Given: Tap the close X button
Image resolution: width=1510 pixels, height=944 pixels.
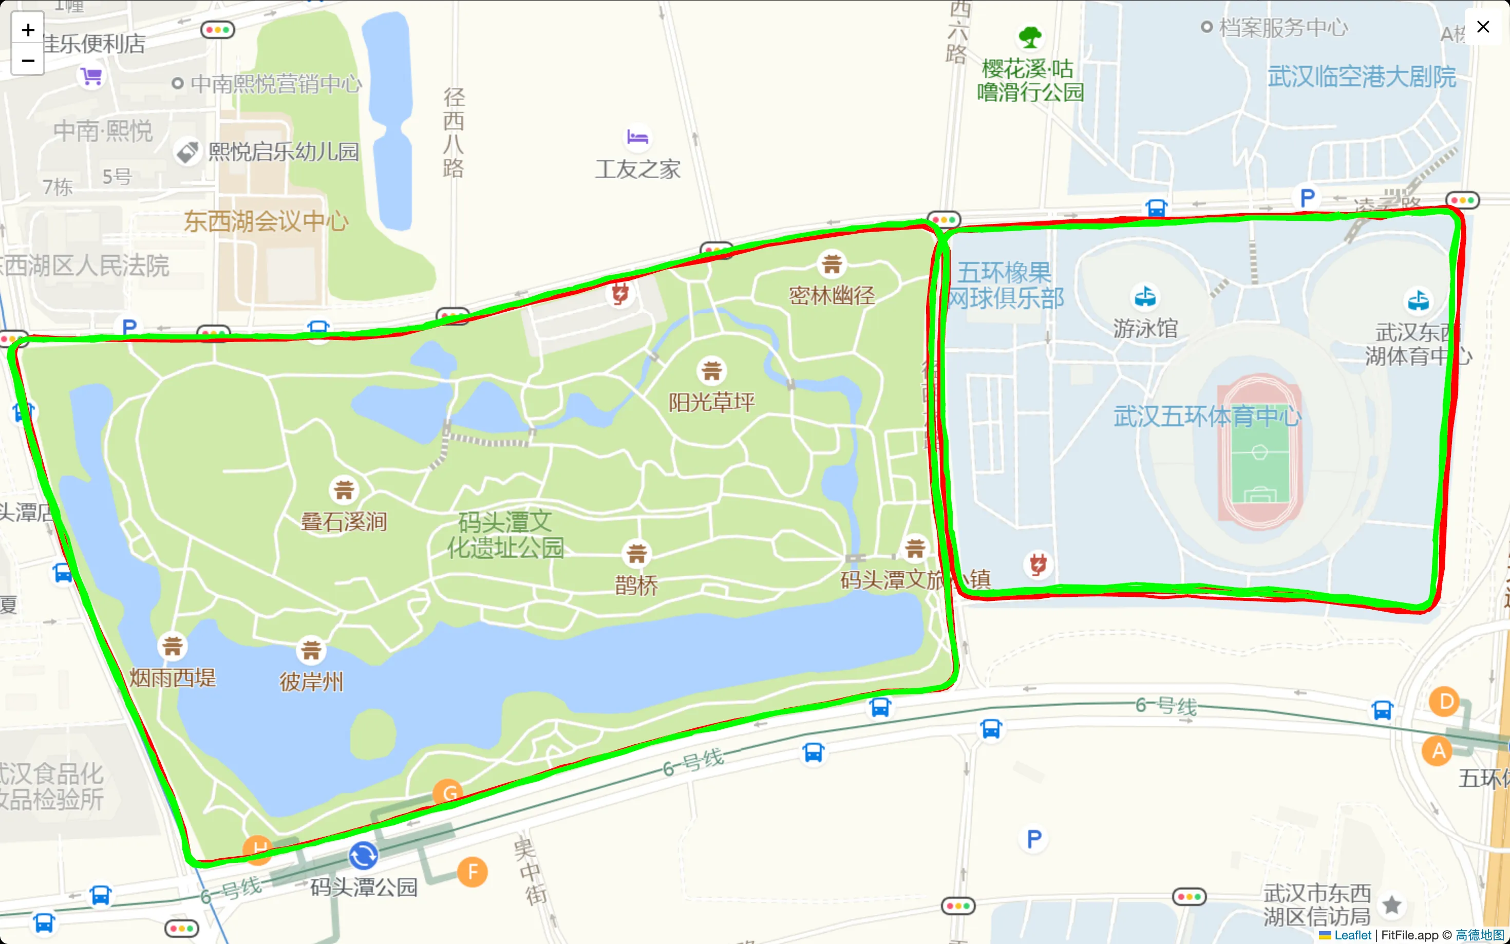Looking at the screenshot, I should [1483, 27].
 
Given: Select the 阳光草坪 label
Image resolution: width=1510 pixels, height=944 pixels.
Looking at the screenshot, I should [712, 403].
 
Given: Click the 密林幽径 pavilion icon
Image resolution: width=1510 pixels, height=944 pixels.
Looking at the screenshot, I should [832, 264].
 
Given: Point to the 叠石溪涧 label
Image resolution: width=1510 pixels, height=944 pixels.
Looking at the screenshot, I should [344, 521].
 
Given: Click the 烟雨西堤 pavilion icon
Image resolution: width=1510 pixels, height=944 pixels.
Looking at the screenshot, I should [172, 646].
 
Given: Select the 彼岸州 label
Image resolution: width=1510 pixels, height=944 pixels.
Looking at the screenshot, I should [311, 682].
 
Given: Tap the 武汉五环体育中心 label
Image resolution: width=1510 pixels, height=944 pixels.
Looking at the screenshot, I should [1207, 416].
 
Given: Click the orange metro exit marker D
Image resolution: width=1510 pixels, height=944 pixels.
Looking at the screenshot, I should [1444, 702].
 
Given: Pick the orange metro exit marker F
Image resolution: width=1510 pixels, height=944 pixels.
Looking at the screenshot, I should [472, 872].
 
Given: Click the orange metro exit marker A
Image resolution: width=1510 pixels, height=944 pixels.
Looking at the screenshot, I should [1438, 751].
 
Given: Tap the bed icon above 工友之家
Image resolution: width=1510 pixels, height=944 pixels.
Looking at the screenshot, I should [637, 137].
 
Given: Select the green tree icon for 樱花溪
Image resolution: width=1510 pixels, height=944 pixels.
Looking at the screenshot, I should [1030, 37].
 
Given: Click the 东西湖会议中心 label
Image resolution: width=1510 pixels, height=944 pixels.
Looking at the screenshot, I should [266, 221].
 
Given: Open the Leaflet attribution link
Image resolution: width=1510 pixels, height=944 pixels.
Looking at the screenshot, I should [1352, 935].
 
